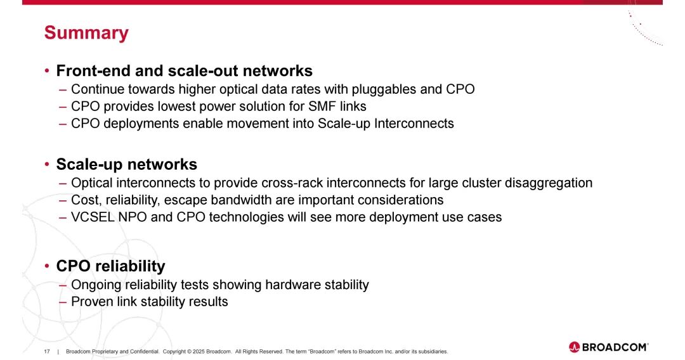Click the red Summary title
click(x=86, y=33)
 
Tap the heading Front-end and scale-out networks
click(x=185, y=71)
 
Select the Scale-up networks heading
click(x=127, y=165)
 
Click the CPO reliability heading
click(x=110, y=266)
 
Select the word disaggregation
click(x=548, y=183)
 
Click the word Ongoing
click(x=96, y=285)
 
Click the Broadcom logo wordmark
click(x=615, y=347)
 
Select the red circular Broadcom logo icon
click(x=574, y=347)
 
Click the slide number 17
click(x=47, y=352)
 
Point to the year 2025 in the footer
click(x=199, y=352)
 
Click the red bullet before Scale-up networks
click(x=47, y=165)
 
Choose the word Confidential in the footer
click(x=147, y=352)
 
